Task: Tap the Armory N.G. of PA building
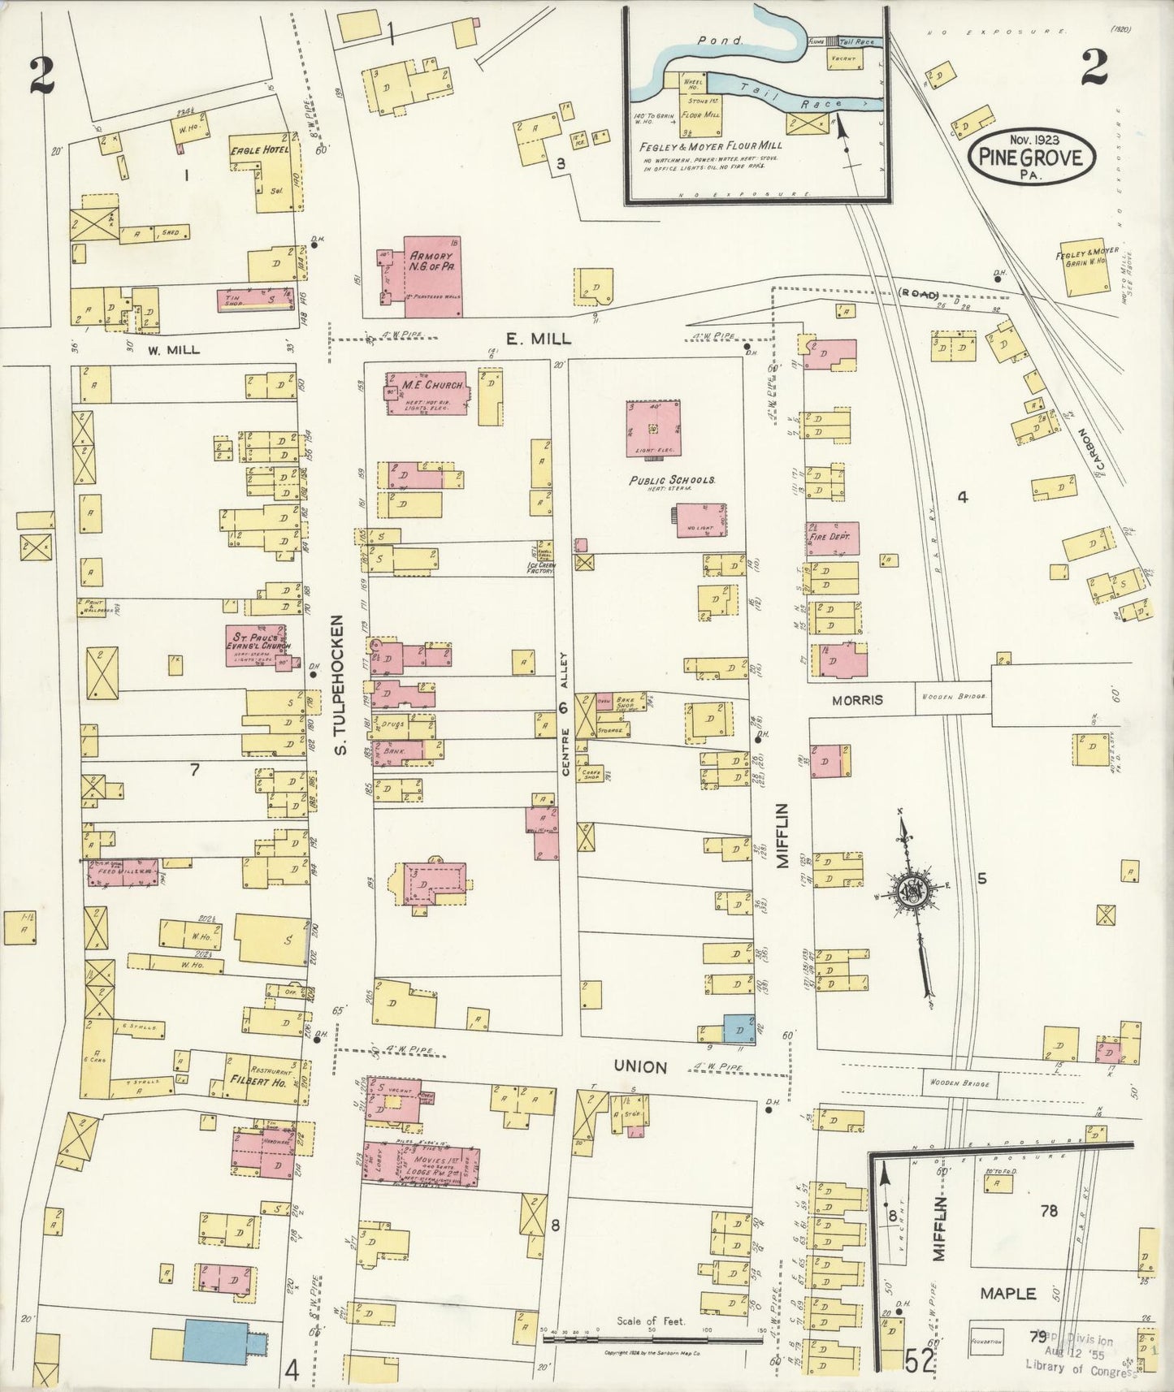click(421, 267)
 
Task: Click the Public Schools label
click(671, 480)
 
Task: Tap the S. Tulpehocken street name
click(342, 684)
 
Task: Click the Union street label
click(640, 1066)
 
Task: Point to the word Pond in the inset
click(709, 38)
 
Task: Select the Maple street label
click(1007, 1293)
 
